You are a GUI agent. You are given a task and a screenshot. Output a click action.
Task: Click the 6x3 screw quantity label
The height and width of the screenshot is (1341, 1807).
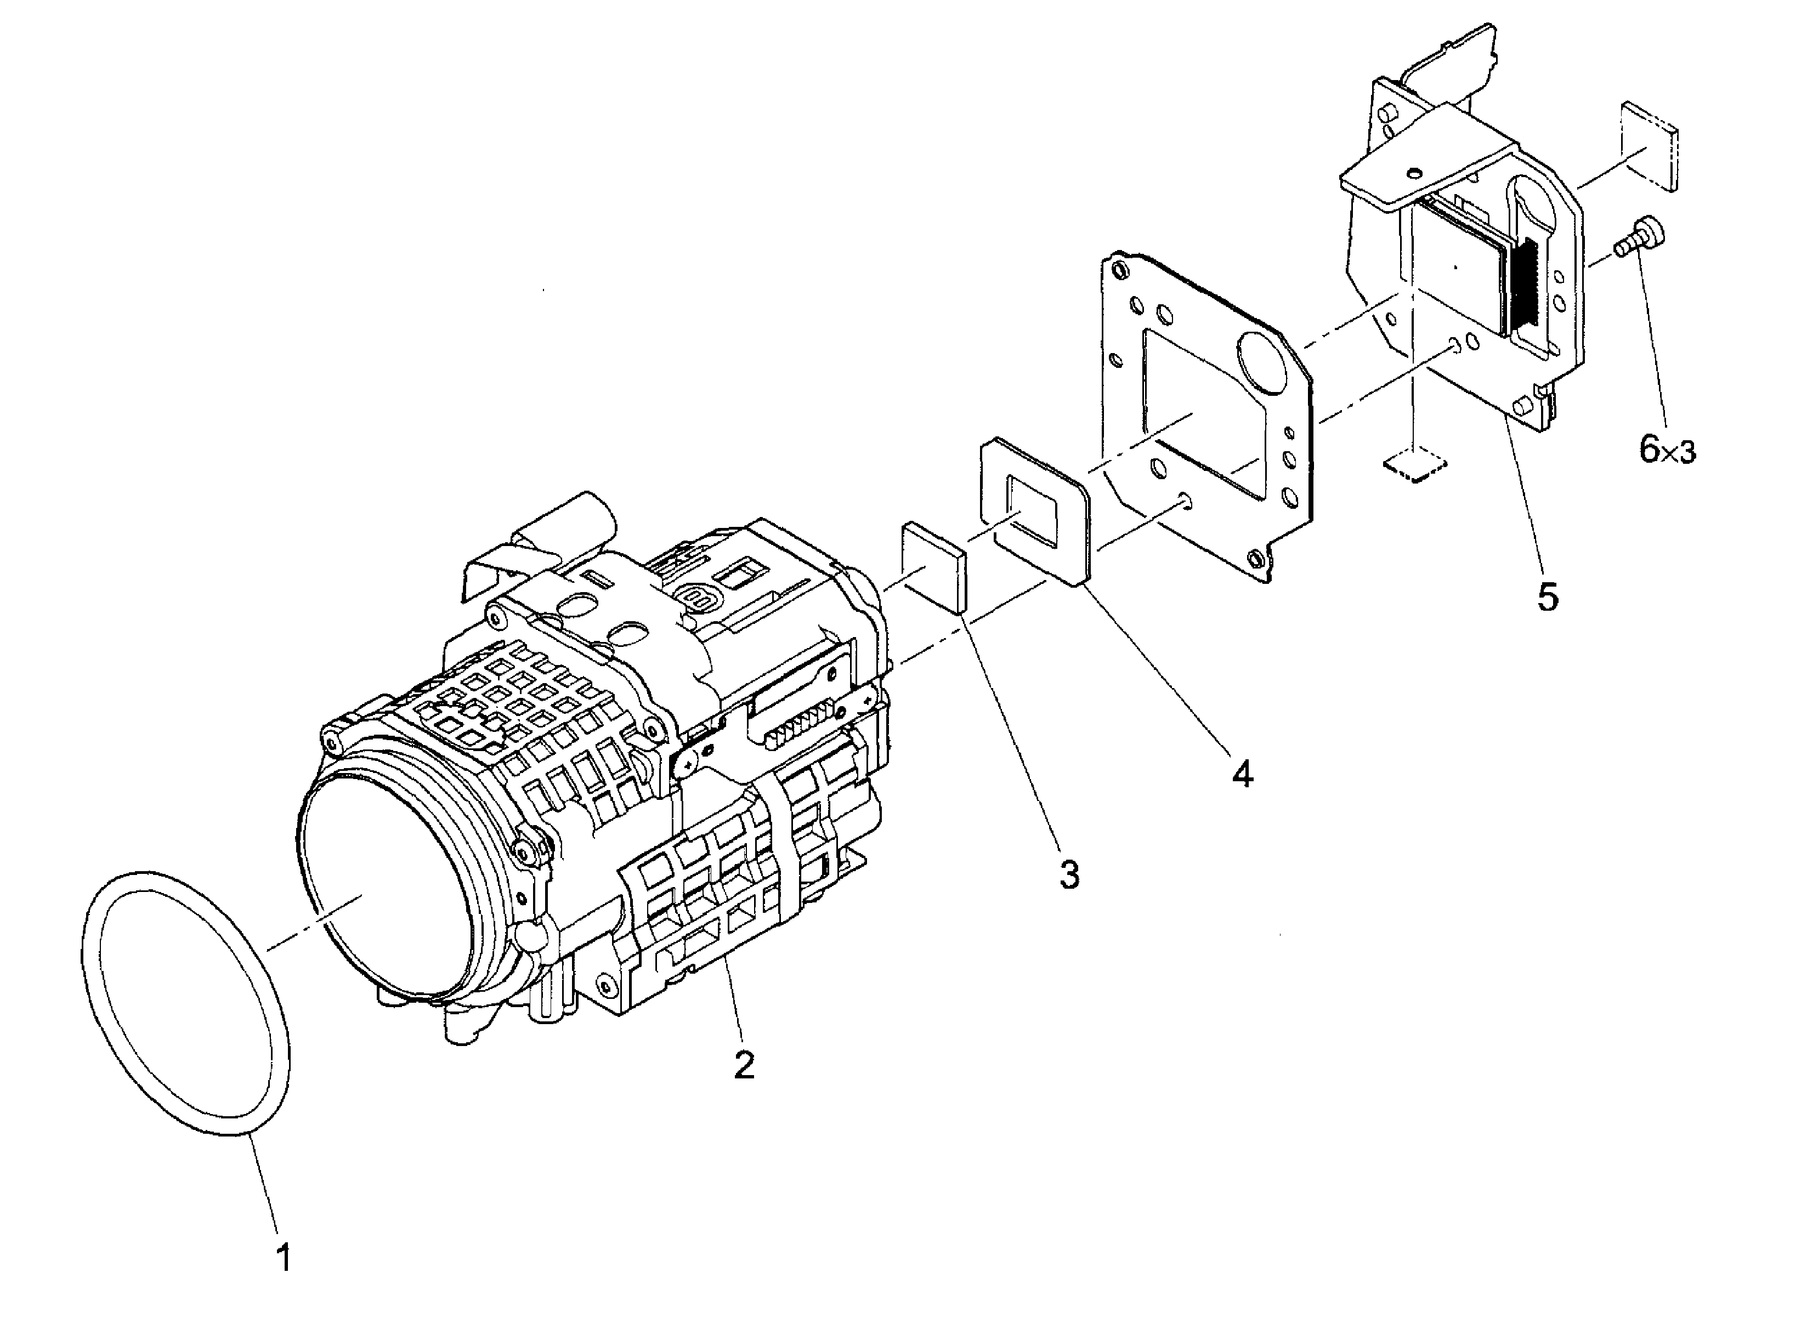coord(1667,449)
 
